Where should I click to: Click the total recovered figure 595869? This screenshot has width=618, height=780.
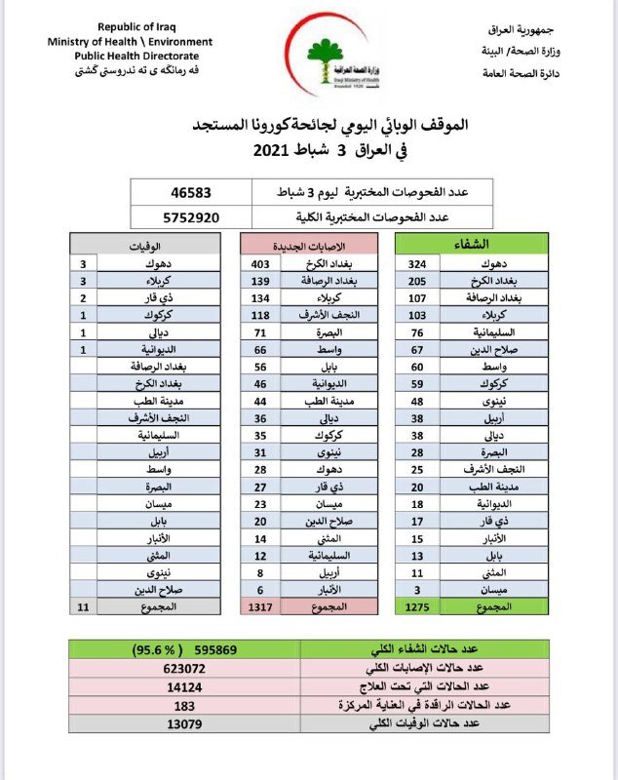pyautogui.click(x=234, y=648)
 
